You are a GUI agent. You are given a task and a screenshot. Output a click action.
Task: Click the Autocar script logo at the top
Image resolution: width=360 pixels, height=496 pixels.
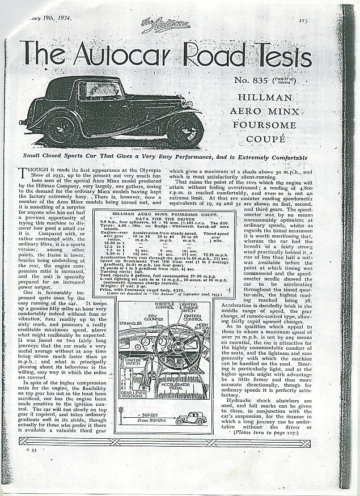(158, 26)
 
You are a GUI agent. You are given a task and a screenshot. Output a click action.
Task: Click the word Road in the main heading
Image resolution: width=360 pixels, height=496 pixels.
(225, 56)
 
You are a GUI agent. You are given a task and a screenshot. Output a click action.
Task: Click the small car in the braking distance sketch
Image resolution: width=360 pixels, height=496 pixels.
(192, 421)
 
